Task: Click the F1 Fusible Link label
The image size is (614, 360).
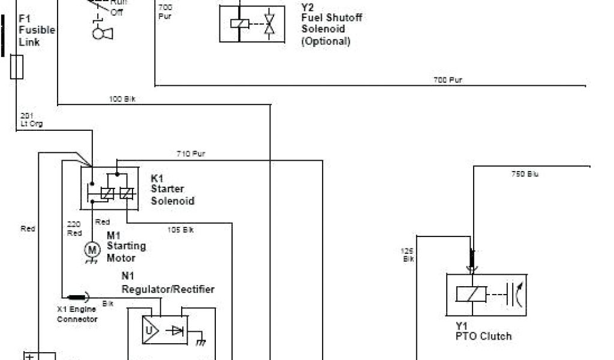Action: (37, 30)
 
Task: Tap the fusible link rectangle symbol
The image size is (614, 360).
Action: (17, 67)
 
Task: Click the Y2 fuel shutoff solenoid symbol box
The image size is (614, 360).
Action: (252, 23)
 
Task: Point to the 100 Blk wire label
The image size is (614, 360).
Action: (122, 98)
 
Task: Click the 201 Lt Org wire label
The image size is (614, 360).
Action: (31, 119)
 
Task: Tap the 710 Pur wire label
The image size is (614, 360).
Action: (191, 154)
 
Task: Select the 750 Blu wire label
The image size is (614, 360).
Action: (525, 174)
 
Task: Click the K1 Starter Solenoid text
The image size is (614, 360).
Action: (172, 190)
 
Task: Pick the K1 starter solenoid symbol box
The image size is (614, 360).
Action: (109, 188)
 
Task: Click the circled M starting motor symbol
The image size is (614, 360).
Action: (92, 248)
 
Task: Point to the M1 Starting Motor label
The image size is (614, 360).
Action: (125, 247)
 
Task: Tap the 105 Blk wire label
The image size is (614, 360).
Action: (180, 230)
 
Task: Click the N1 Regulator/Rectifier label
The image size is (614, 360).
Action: (168, 283)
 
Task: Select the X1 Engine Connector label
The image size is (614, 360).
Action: (77, 315)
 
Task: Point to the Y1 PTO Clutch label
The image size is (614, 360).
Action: (483, 331)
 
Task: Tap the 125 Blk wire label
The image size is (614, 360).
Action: (407, 254)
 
